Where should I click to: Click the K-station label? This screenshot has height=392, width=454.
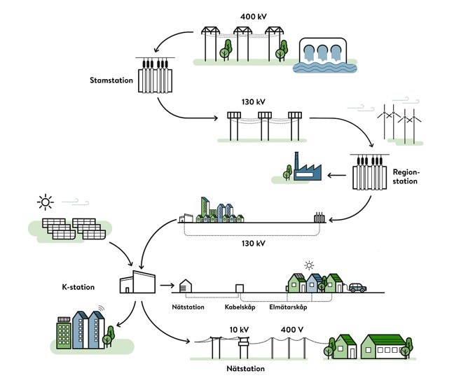point(78,287)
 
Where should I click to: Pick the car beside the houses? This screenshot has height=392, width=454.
point(357,287)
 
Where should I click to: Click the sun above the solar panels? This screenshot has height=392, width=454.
point(46,203)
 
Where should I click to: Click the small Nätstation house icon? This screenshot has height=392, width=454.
point(185,286)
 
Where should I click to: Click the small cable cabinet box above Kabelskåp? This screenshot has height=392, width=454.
point(239,288)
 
